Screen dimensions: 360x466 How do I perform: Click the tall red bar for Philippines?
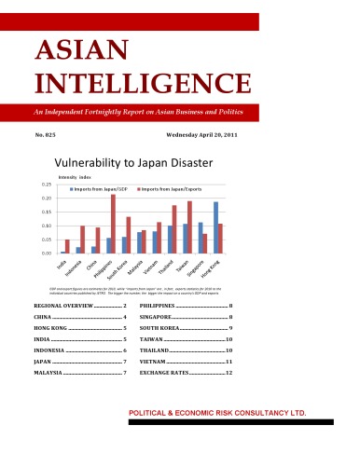tap(114, 224)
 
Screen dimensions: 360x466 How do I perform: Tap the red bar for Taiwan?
tap(189, 227)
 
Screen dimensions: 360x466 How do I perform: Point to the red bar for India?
tap(67, 246)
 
